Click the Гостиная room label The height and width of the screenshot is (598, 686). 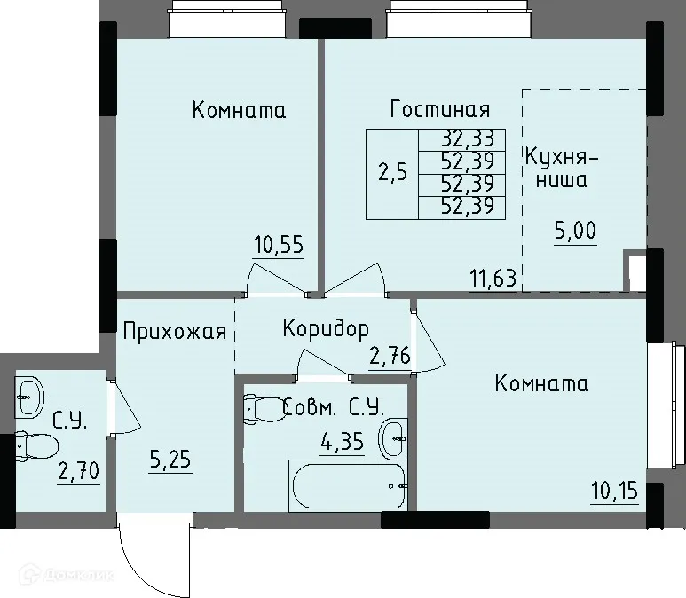coord(440,110)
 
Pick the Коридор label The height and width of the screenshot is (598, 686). coord(325,330)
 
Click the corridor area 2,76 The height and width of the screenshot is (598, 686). coord(390,358)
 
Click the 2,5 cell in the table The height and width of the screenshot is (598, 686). coord(392,173)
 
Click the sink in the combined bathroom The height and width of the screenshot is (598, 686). coord(393,438)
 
